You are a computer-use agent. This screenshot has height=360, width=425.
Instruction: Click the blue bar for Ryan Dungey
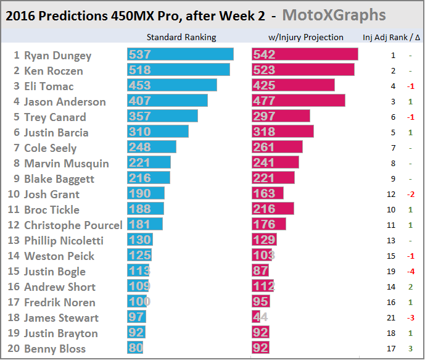[x=180, y=55]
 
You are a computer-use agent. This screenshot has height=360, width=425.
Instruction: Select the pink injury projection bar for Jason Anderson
[x=299, y=101]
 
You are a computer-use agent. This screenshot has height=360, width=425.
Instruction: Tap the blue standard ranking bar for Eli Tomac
[x=172, y=86]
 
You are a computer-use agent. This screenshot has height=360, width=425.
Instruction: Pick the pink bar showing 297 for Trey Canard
[x=281, y=117]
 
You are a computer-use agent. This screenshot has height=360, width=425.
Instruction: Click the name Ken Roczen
[x=53, y=70]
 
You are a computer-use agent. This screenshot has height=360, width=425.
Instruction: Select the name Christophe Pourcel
[x=73, y=225]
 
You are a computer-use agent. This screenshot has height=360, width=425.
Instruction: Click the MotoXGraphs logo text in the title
[x=334, y=15]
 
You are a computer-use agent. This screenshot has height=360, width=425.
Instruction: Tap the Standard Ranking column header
[x=181, y=37]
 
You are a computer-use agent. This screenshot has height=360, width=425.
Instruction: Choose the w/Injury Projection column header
[x=306, y=37]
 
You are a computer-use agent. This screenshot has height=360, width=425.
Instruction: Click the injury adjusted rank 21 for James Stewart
[x=393, y=317]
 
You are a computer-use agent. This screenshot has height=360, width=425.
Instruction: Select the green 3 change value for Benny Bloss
[x=410, y=348]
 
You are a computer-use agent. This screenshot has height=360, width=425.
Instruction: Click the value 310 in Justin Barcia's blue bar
[x=139, y=132]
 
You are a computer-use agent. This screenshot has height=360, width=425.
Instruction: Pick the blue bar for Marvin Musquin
[x=149, y=163]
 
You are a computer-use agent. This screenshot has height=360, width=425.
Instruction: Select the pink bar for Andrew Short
[x=263, y=287]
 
